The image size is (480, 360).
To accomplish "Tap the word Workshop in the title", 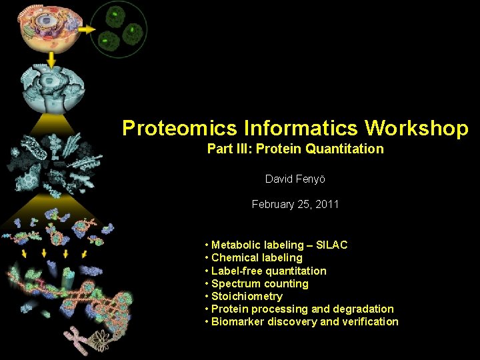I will coord(417,128).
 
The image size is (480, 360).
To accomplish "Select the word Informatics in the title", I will coord(297,128).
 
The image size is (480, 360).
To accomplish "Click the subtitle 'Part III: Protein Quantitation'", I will coord(295,149).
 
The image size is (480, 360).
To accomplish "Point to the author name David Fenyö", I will coord(295,179).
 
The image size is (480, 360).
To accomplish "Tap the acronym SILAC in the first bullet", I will coord(331,245).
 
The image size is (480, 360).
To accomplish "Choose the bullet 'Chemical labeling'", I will coord(257,258).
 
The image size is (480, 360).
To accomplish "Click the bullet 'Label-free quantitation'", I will coord(269,271).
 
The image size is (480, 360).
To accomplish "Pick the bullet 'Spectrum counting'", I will coord(259,283).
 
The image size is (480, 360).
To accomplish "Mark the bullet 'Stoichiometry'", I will coord(247,296).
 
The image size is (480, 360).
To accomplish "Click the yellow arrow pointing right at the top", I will coord(87,30).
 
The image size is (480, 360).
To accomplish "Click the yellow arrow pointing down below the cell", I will coord(51,61).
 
